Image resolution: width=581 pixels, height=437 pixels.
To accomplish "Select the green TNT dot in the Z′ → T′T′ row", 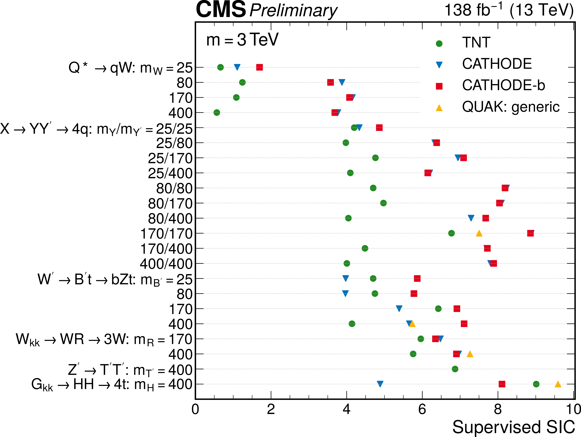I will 455,369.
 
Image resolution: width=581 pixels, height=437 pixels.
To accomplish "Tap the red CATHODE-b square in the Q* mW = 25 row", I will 259,67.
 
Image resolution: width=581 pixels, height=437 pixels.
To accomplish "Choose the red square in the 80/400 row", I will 486,218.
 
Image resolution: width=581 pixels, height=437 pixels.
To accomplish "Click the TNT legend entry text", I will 476,43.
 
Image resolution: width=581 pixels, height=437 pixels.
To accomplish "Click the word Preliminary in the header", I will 293,11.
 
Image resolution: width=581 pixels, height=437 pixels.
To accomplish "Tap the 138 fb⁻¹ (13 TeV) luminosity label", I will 509,11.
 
